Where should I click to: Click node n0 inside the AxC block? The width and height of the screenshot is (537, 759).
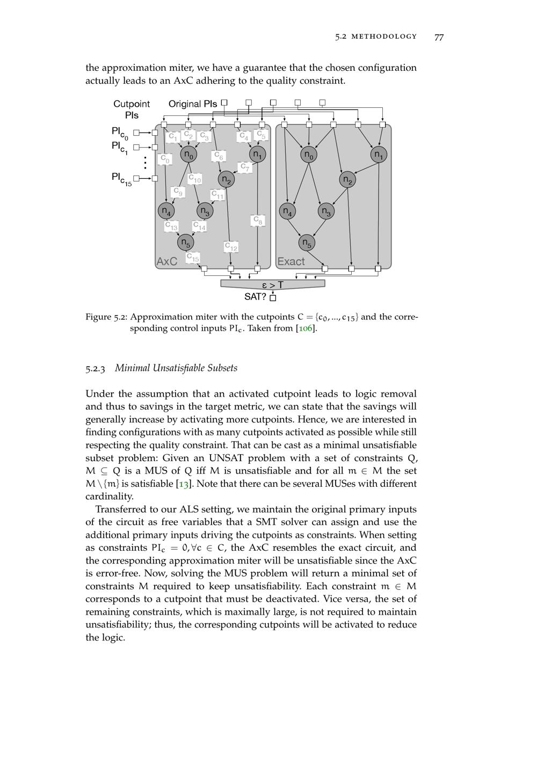tap(188, 155)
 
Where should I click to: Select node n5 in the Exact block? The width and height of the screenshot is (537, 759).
tap(307, 243)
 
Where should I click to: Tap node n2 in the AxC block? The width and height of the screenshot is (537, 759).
tap(227, 179)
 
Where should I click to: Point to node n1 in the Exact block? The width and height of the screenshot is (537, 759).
tap(379, 155)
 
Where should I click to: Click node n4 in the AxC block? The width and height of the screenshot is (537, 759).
tap(166, 211)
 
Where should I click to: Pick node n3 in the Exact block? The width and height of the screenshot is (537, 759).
tap(326, 211)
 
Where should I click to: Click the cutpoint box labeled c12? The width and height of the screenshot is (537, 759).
tap(231, 247)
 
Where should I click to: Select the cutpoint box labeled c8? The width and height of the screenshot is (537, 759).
tap(258, 221)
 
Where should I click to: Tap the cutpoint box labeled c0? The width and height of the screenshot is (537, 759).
tap(165, 159)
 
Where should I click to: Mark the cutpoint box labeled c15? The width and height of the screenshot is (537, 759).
tap(193, 258)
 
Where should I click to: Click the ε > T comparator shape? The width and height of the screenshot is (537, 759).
tap(273, 284)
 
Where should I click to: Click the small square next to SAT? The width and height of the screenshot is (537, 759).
tap(273, 297)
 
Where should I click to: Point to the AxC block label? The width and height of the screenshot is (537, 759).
tap(166, 261)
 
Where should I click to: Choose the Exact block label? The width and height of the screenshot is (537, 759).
tap(291, 261)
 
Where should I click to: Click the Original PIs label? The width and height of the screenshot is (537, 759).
tap(193, 104)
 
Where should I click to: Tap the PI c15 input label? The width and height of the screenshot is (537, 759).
tap(121, 178)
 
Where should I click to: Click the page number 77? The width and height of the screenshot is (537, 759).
tap(439, 37)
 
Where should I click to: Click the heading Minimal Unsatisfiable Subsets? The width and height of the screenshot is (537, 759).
tap(176, 368)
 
